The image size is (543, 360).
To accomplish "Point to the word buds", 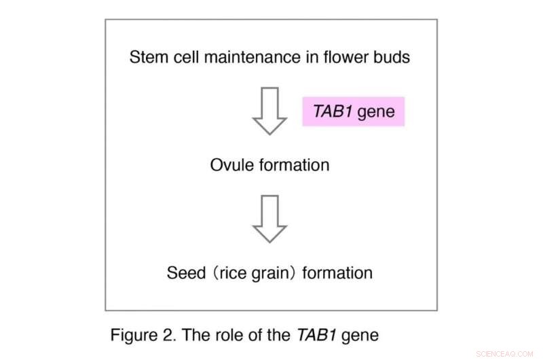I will click(x=392, y=57).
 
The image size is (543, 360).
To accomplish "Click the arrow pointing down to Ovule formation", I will click(x=270, y=111).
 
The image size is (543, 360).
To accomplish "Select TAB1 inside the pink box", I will click(x=332, y=111).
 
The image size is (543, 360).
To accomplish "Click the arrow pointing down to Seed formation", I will click(x=270, y=219).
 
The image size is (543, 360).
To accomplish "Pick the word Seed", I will click(x=183, y=273).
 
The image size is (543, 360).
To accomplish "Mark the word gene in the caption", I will click(x=357, y=336).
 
